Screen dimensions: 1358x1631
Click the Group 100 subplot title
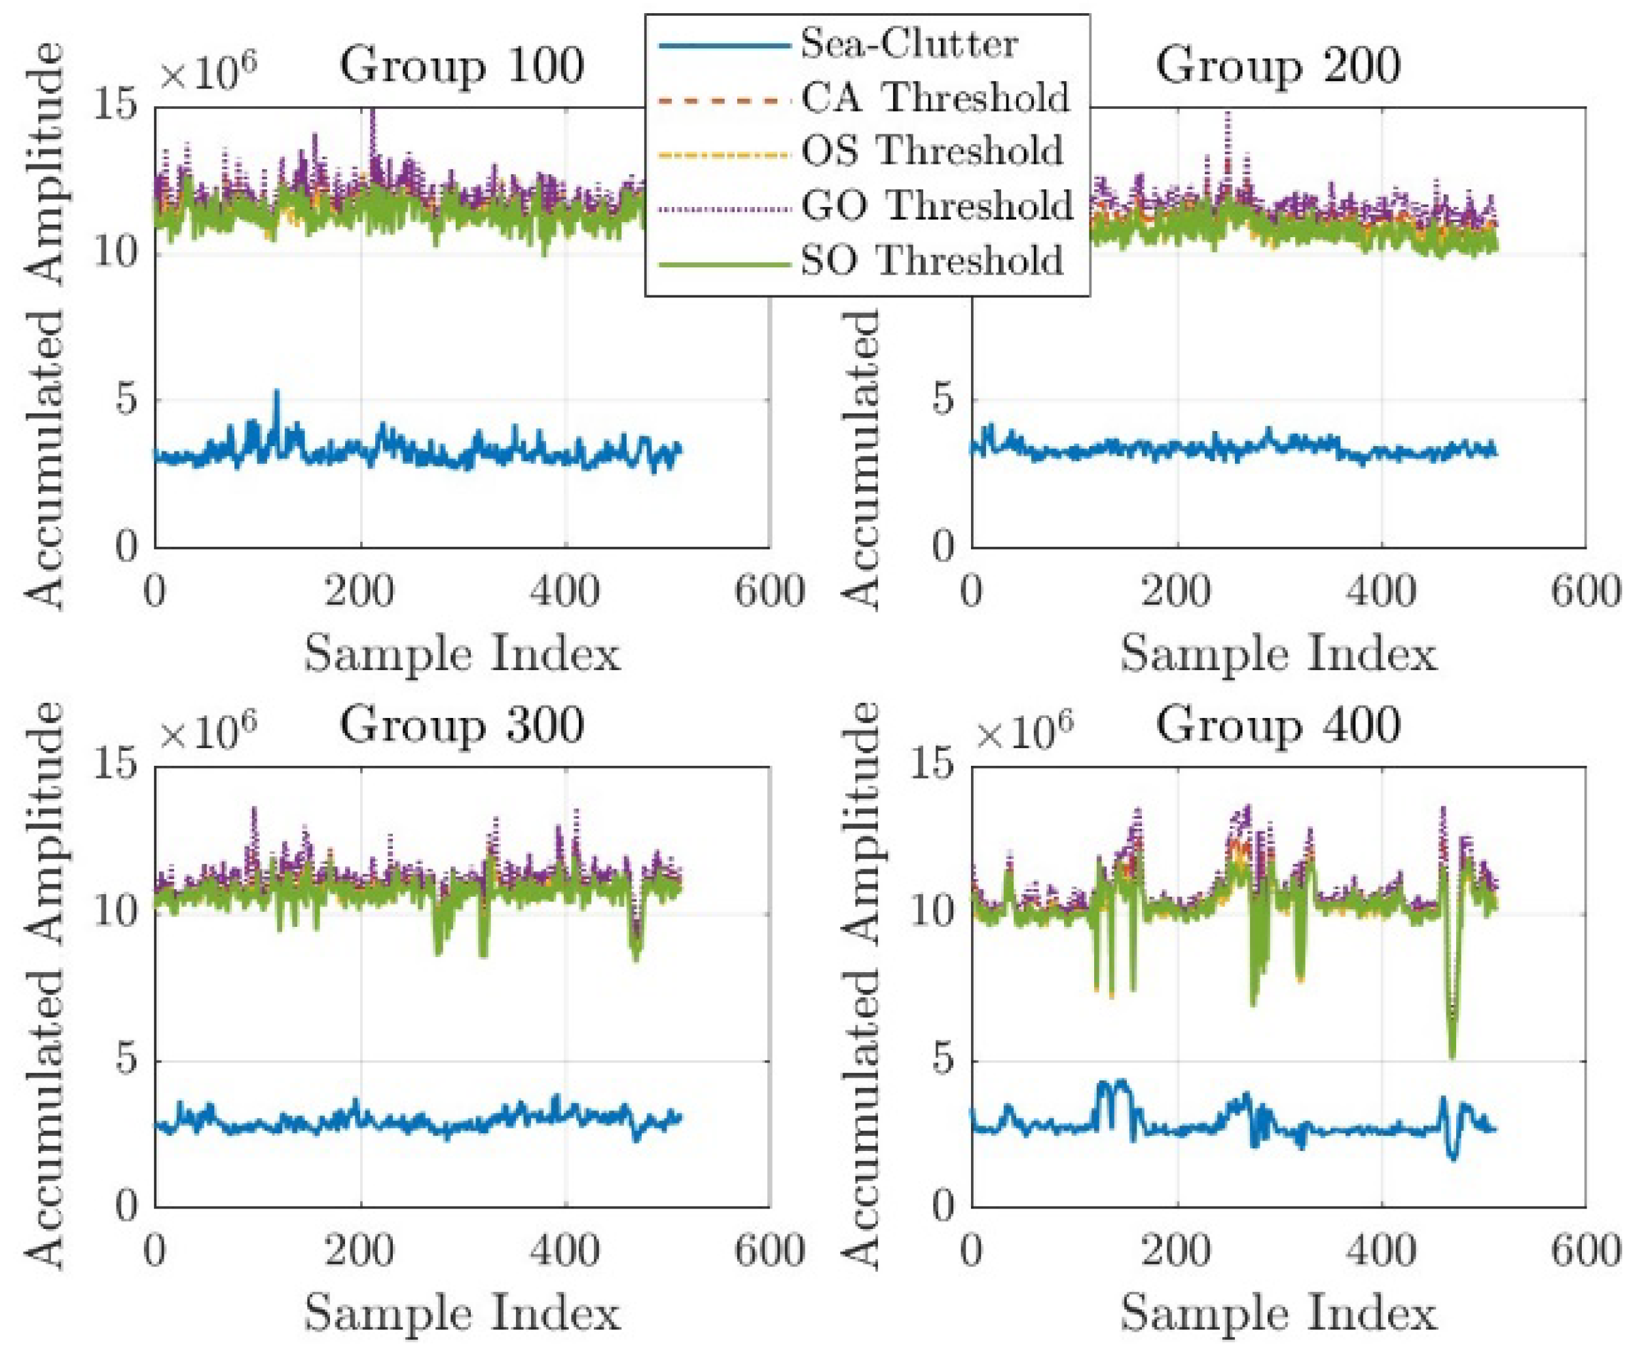point(462,66)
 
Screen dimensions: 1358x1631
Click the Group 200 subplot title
point(1277,66)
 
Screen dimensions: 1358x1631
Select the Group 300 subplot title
point(462,726)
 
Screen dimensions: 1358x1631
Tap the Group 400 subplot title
point(1277,726)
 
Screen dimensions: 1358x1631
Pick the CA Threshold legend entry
point(935,98)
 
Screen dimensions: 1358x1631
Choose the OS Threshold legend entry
point(932,151)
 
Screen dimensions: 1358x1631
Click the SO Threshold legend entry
point(932,260)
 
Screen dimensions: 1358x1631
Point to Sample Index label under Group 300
point(462,1313)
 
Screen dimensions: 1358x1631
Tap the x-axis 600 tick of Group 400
point(1585,1252)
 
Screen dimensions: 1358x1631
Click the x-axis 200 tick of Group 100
point(359,592)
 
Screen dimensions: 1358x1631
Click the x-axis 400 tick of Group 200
point(1381,592)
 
